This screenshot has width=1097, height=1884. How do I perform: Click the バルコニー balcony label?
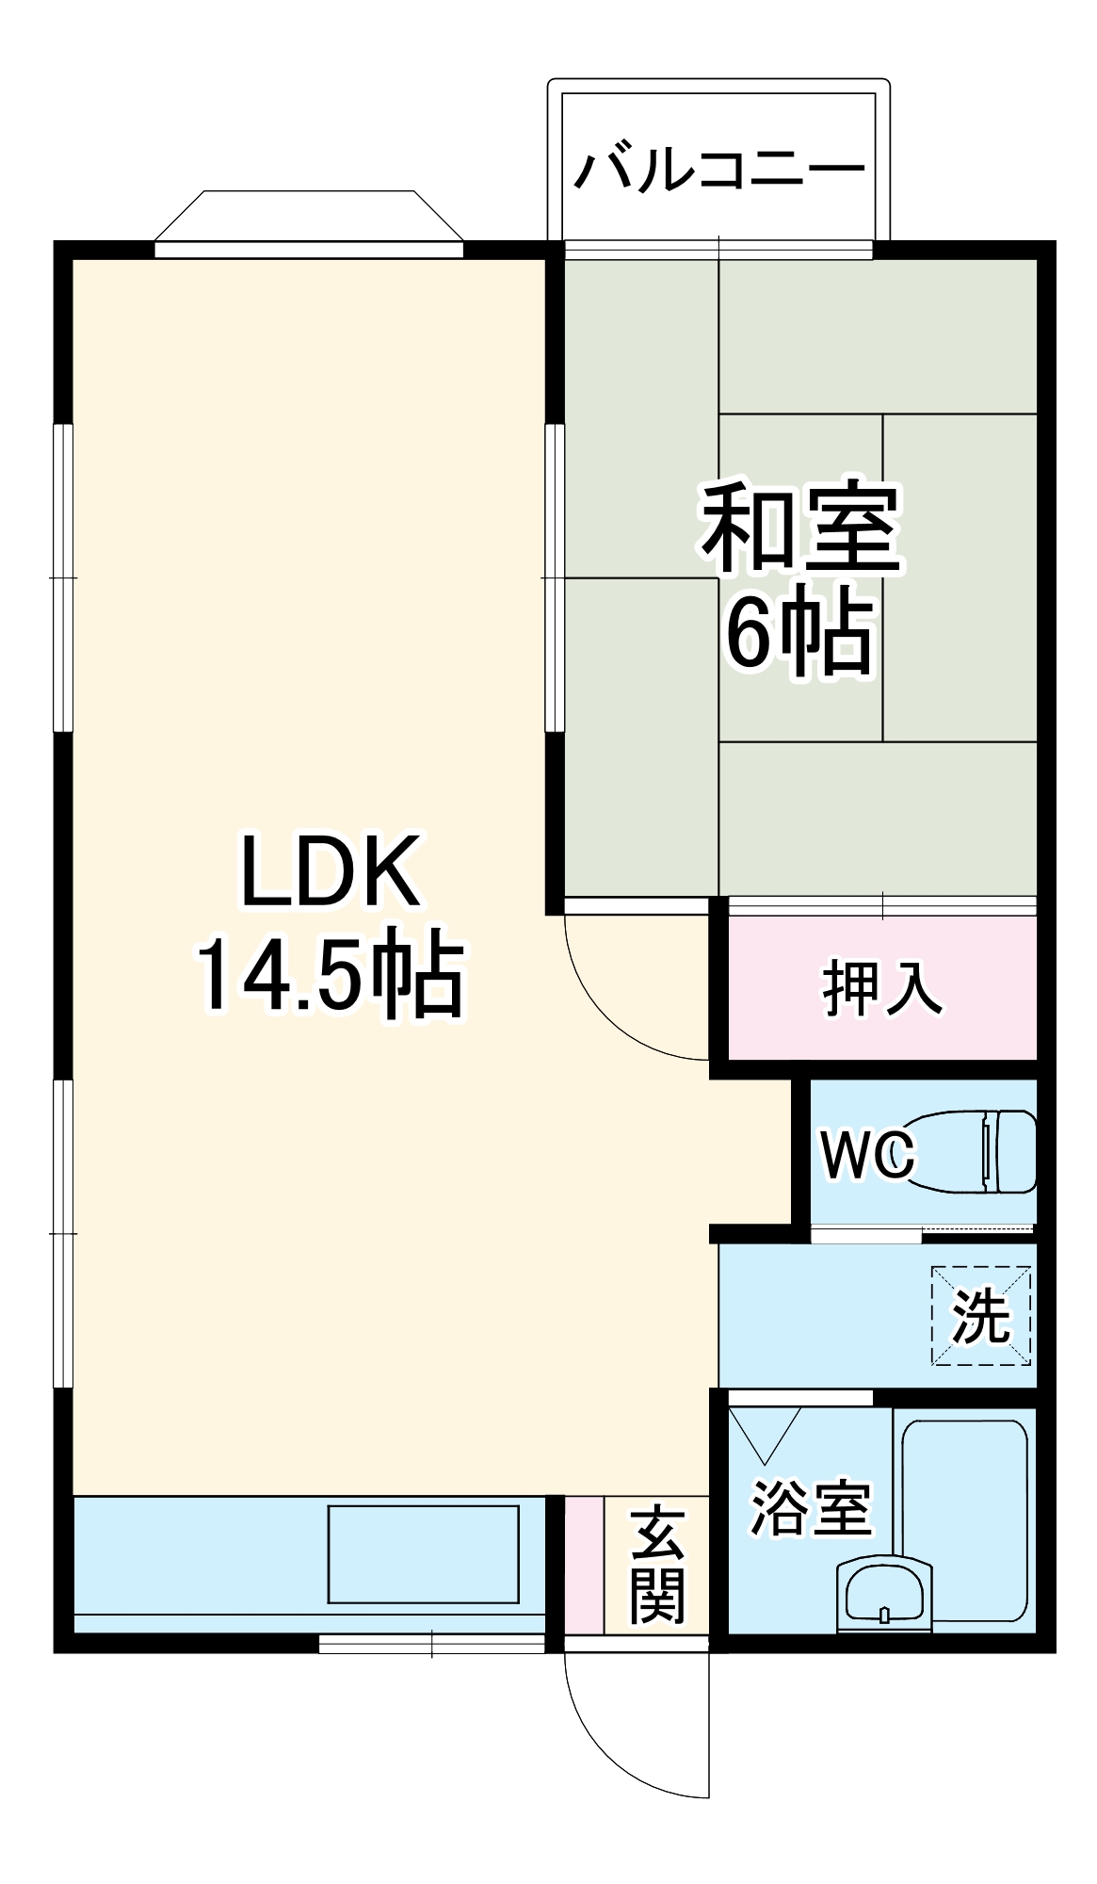(718, 171)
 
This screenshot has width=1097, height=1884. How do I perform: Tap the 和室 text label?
(799, 529)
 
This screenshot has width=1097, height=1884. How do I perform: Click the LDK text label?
(330, 871)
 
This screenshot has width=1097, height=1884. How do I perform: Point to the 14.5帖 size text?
(330, 975)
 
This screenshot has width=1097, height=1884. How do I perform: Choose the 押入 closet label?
(881, 988)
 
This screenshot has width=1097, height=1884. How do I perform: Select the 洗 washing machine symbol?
(981, 1315)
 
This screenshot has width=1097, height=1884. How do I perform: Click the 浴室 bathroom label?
(810, 1508)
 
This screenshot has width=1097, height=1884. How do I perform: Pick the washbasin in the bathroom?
(883, 1596)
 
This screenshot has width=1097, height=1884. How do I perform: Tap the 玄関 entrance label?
(657, 1565)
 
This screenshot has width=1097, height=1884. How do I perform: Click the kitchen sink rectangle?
(423, 1553)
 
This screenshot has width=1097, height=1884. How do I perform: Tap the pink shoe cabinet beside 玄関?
(584, 1564)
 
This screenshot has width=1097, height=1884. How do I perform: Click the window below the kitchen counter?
(431, 1644)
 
